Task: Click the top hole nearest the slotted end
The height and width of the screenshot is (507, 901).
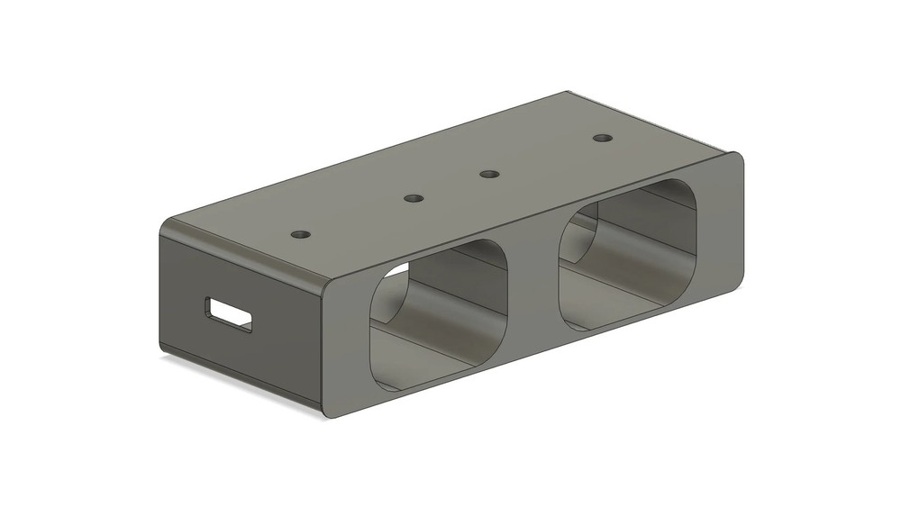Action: coord(301,234)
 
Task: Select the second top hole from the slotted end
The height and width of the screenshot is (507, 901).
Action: coord(413,197)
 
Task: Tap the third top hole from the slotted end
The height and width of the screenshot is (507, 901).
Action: coord(489,173)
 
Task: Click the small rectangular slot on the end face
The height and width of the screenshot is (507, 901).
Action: coord(229,314)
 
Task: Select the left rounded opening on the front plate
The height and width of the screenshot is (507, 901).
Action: coord(439,315)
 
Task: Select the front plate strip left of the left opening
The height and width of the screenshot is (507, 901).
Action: coord(347,351)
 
